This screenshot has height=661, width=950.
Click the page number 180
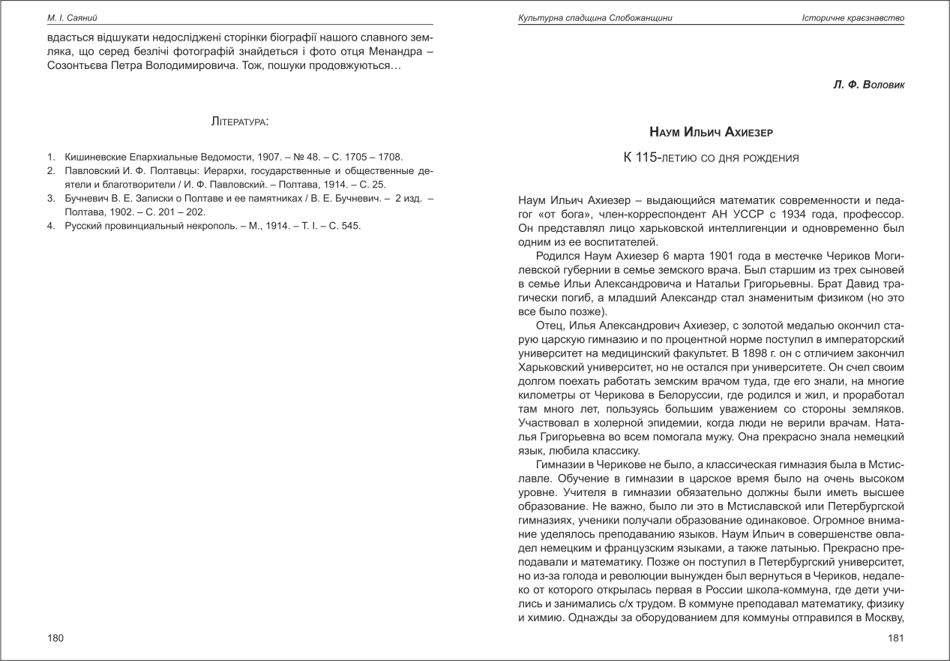coord(55,638)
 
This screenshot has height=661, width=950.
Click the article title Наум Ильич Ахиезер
coord(711,132)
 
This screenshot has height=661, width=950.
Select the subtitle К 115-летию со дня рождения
coord(711,158)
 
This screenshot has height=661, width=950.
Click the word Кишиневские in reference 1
coord(94,158)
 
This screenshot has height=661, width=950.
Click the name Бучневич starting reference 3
coord(88,198)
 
